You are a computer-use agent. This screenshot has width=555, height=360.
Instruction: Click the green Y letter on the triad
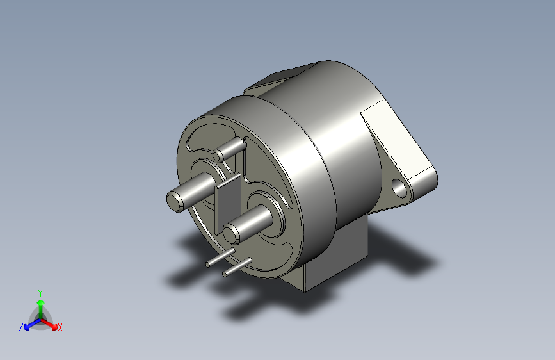coord(40,292)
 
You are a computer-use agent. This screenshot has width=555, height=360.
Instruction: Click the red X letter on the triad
coord(60,328)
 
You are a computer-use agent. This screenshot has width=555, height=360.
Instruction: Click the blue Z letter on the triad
coord(21,327)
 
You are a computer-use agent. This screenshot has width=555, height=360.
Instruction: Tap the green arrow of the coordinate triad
coord(40,304)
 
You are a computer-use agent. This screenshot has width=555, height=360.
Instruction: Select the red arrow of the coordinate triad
coord(51,323)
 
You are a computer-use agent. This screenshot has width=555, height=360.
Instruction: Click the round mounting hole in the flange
coord(400,188)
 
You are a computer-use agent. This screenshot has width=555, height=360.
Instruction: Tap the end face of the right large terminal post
coord(232,231)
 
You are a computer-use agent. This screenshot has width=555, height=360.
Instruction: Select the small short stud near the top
coord(220,154)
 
